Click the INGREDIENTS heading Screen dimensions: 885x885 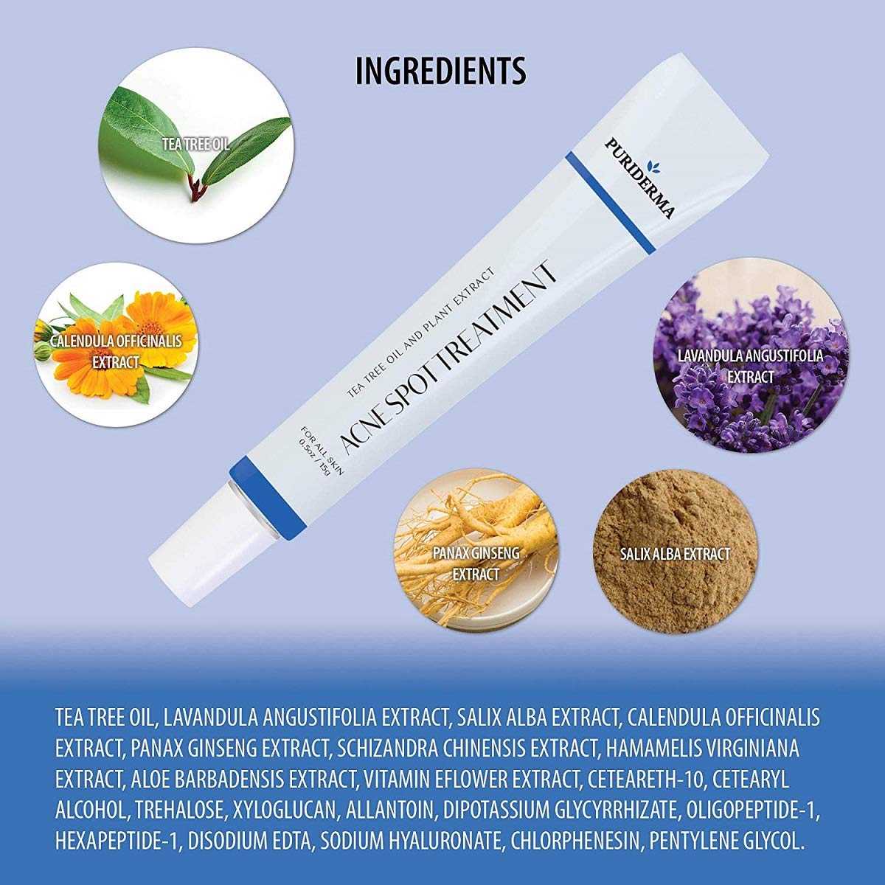point(441,70)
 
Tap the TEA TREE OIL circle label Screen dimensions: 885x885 point(195,144)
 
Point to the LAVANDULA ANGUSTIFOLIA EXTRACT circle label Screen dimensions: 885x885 point(751,367)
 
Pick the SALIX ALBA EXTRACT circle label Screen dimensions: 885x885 point(675,553)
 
